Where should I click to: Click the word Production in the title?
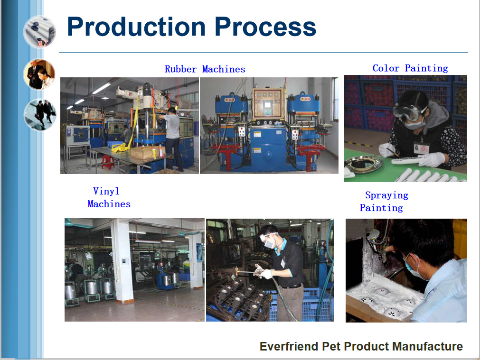click(136, 27)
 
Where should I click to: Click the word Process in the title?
click(265, 27)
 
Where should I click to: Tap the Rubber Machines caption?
click(205, 69)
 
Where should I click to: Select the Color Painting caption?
click(410, 68)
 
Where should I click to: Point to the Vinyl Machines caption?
click(109, 198)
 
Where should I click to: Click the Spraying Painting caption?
click(384, 202)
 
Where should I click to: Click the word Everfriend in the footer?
click(289, 346)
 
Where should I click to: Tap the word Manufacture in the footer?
click(427, 346)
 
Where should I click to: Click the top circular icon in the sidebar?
click(39, 32)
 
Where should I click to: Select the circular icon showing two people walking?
click(40, 114)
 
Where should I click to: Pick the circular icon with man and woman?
click(39, 74)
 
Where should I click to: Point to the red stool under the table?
click(107, 162)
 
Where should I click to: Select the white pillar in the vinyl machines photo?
click(122, 260)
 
